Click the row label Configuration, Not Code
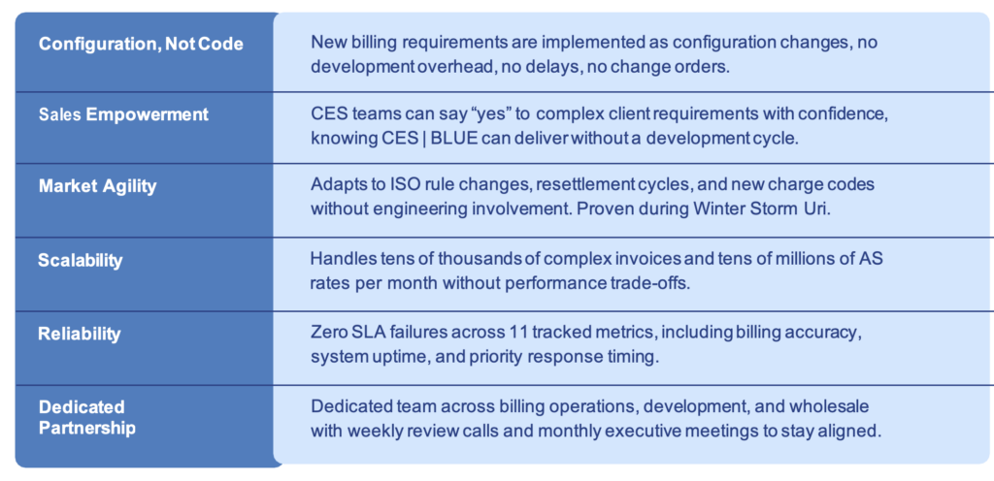click(141, 45)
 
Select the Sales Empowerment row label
click(123, 114)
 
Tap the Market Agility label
click(98, 186)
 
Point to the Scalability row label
click(80, 260)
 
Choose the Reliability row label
click(80, 334)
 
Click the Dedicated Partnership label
click(86, 417)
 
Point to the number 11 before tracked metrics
click(518, 333)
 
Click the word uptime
click(392, 357)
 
